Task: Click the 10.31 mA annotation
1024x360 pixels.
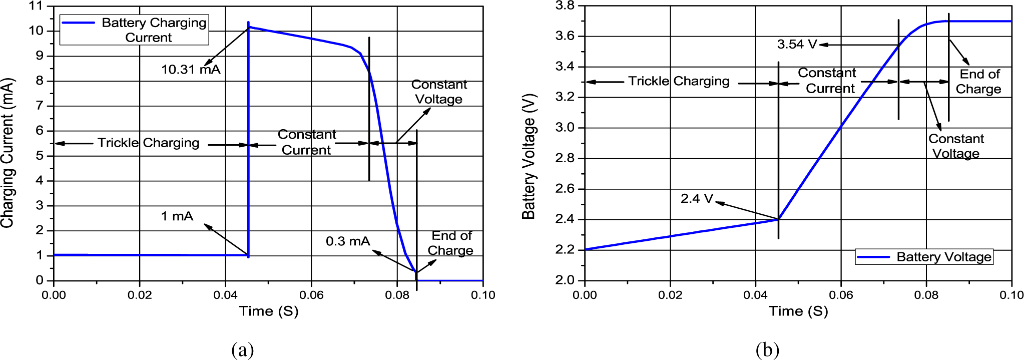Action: [191, 70]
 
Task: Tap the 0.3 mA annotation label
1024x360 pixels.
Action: [348, 241]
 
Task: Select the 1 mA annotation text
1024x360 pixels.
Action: [177, 216]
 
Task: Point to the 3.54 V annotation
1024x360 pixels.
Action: [797, 45]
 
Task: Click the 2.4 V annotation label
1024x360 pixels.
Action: [697, 199]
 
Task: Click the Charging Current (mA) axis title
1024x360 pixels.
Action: [8, 153]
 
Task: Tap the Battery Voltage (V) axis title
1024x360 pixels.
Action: [529, 156]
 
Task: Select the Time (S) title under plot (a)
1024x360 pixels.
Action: [269, 311]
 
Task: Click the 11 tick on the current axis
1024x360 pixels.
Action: [36, 6]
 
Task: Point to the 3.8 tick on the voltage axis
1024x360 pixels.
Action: [565, 6]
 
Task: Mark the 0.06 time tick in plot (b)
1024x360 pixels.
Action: [841, 295]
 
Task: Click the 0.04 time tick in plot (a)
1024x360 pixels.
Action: [225, 295]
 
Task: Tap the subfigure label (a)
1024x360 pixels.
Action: [243, 349]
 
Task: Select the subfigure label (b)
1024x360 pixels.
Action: [767, 349]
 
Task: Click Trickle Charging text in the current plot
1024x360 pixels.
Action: [148, 143]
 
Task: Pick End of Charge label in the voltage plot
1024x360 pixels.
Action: [978, 82]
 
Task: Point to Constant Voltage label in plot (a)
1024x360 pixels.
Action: [439, 92]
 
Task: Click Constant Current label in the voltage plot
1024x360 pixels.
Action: [828, 81]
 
